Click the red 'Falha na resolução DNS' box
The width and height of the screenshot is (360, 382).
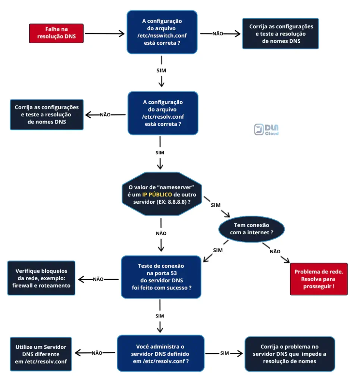pyautogui.click(x=56, y=33)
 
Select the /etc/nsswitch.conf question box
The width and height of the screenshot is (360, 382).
pyautogui.click(x=162, y=32)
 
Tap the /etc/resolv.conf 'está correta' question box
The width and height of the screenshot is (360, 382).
pyautogui.click(x=163, y=113)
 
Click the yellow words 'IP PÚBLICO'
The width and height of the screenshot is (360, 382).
pyautogui.click(x=157, y=195)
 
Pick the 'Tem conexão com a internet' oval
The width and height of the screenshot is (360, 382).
pyautogui.click(x=251, y=229)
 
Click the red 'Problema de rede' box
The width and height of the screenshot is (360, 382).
pyautogui.click(x=319, y=279)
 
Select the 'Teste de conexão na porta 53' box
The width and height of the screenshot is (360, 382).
pyautogui.click(x=161, y=277)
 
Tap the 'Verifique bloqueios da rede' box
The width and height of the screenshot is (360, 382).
pyautogui.click(x=41, y=278)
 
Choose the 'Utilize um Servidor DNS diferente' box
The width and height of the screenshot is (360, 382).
pyautogui.click(x=41, y=354)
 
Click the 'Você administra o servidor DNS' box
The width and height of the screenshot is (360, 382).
pyautogui.click(x=160, y=353)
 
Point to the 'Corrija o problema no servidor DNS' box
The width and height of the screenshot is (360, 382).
pyautogui.click(x=289, y=354)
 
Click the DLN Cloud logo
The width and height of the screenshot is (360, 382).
pyautogui.click(x=266, y=129)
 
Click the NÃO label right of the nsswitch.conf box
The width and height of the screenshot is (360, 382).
pyautogui.click(x=218, y=34)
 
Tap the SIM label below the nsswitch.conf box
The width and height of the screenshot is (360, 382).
pyautogui.click(x=161, y=71)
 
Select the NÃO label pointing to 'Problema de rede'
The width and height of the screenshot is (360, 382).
pyautogui.click(x=275, y=251)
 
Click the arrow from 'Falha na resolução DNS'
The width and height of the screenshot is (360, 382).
pyautogui.click(x=104, y=34)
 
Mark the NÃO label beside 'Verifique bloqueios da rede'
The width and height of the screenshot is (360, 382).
pyautogui.click(x=98, y=279)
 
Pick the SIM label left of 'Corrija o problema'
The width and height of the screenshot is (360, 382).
pyautogui.click(x=225, y=353)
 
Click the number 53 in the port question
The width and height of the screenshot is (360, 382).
pyautogui.click(x=174, y=273)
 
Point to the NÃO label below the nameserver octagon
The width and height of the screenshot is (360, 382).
pyautogui.click(x=161, y=234)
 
